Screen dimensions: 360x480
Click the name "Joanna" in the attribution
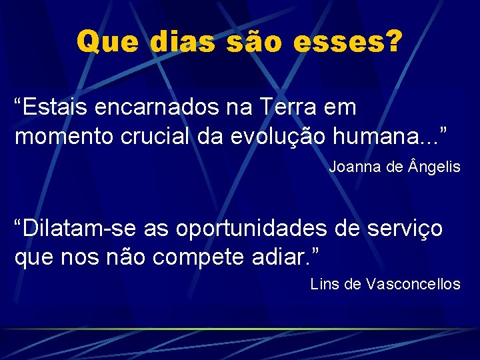point(355,167)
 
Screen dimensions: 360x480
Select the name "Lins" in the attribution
point(325,284)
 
